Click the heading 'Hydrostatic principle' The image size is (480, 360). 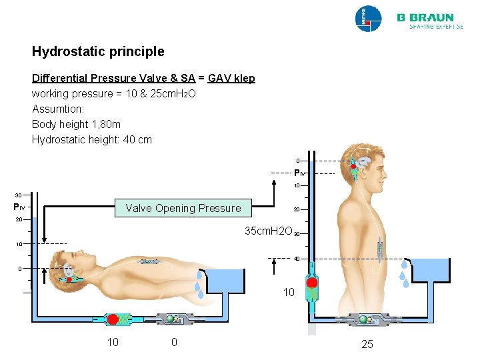(98, 51)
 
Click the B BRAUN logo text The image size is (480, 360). (425, 18)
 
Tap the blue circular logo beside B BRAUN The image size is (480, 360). (368, 19)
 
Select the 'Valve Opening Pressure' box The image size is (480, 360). (183, 208)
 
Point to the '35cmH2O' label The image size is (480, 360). (269, 231)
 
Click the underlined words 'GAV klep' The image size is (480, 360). (231, 78)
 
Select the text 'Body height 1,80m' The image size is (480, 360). (73, 124)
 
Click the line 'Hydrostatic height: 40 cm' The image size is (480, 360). (92, 139)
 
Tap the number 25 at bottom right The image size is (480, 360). (367, 344)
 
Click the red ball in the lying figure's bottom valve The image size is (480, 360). (113, 319)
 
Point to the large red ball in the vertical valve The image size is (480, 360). (312, 282)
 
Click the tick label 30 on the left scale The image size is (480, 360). (19, 195)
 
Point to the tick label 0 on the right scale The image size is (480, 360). (298, 161)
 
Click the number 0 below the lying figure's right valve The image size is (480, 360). (174, 343)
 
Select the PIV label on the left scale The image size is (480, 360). (20, 207)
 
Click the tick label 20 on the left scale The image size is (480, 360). (19, 219)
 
